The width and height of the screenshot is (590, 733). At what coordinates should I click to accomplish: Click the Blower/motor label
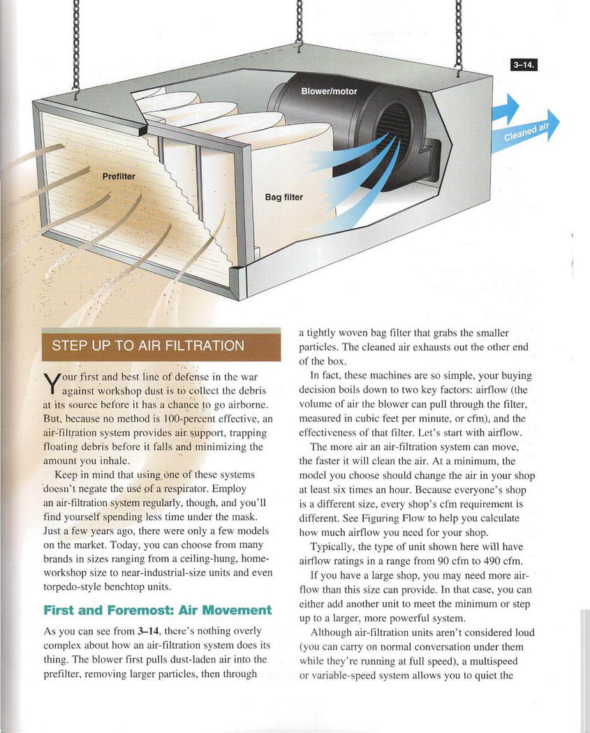pyautogui.click(x=329, y=92)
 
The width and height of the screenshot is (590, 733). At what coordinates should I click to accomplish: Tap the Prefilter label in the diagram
pyautogui.click(x=119, y=177)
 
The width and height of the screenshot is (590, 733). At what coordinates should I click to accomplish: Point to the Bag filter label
pyautogui.click(x=283, y=198)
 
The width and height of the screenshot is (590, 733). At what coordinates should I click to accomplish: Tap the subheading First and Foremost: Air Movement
pyautogui.click(x=157, y=609)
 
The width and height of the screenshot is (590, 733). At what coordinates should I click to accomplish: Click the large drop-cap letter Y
pyautogui.click(x=50, y=383)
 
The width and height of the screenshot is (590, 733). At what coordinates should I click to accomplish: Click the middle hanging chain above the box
pyautogui.click(x=298, y=24)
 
